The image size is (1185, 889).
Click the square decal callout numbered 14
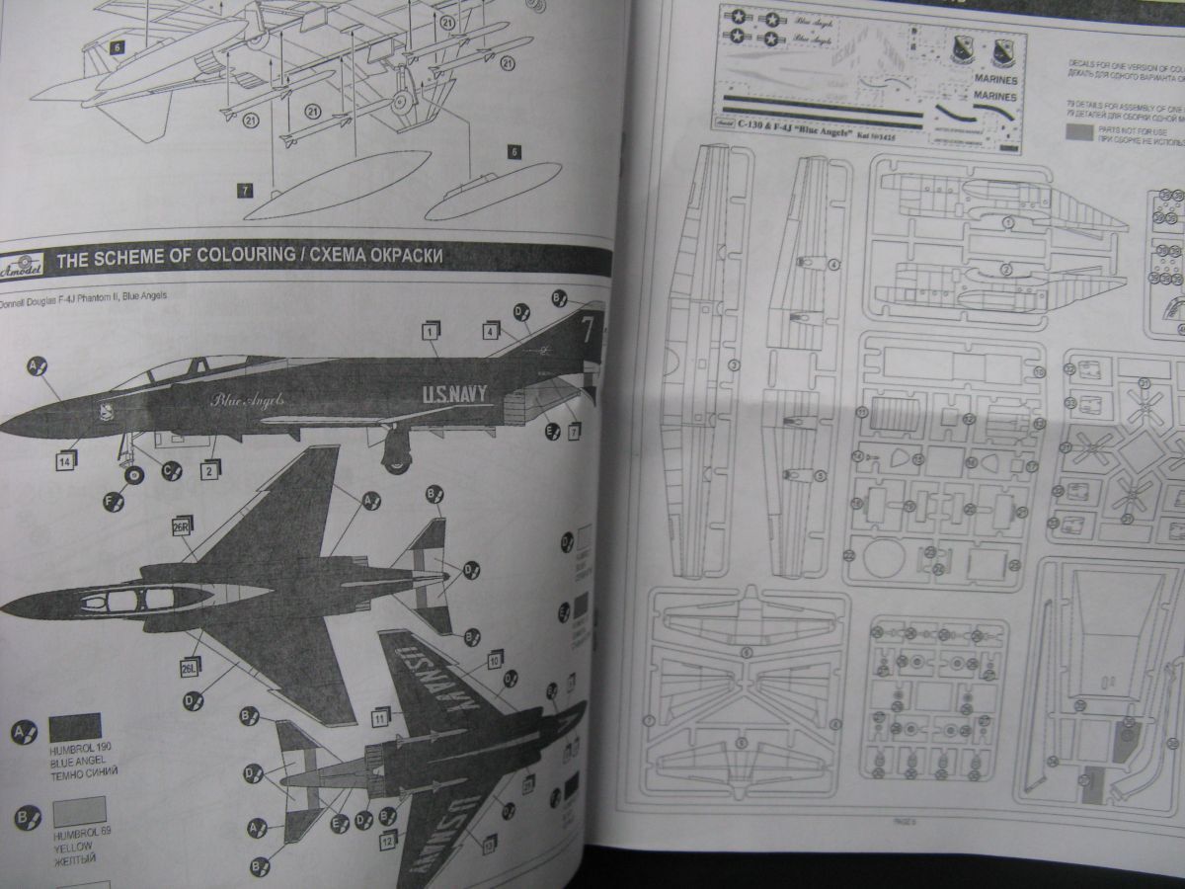tap(66, 460)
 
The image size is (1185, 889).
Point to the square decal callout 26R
tap(183, 525)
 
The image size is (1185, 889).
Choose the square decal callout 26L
tap(190, 669)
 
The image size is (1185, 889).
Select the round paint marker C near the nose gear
tap(172, 471)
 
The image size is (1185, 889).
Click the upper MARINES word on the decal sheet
tap(994, 79)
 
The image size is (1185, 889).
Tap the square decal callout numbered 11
tap(380, 715)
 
